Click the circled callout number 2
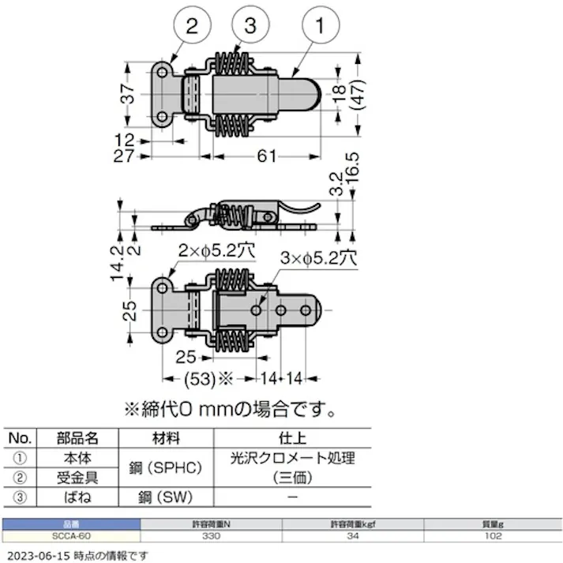tap(190, 26)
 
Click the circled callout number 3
tap(250, 26)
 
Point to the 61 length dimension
tap(267, 156)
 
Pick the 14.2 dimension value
tap(118, 263)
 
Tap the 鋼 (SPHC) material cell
tap(166, 467)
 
